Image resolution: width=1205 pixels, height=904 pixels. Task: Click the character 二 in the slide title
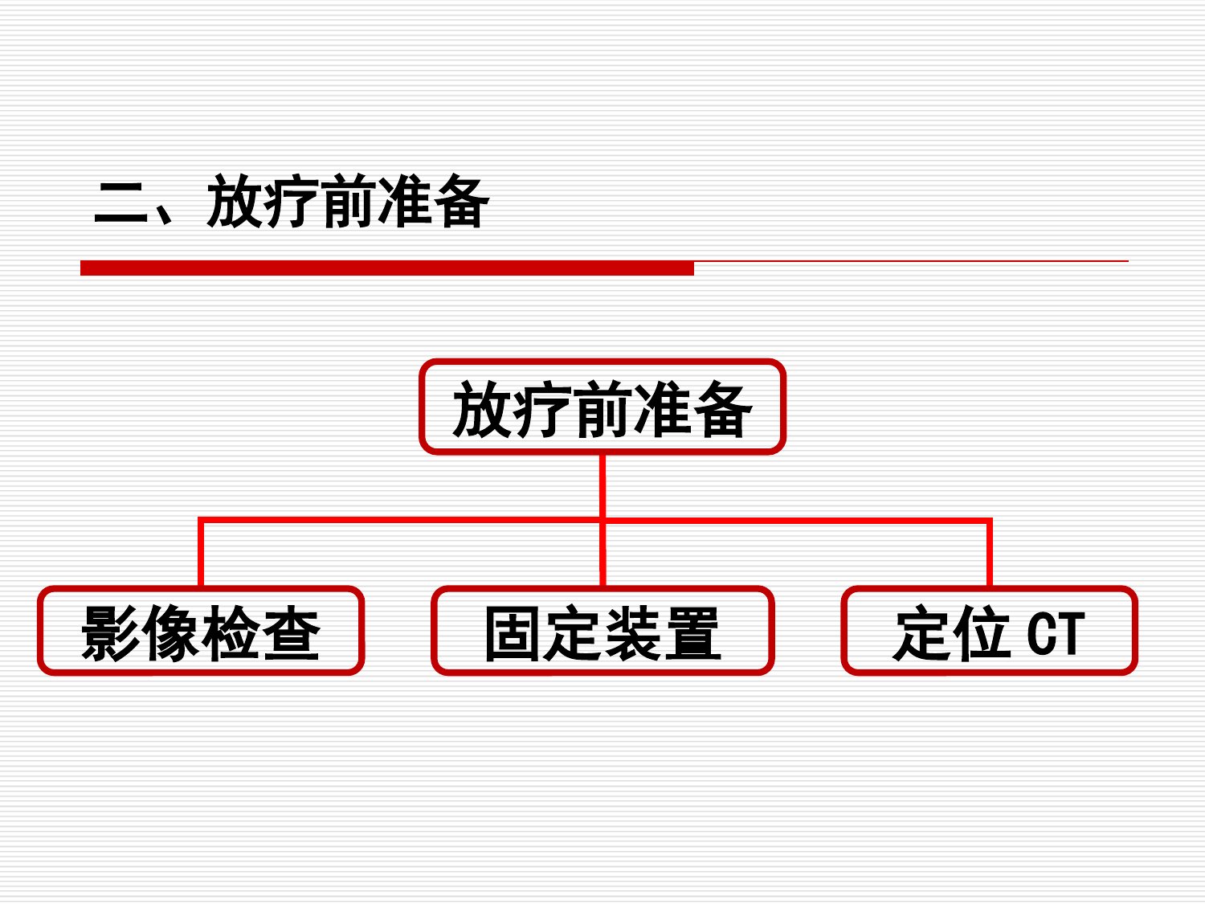click(x=121, y=202)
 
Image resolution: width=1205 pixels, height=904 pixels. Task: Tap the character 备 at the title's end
click(x=461, y=201)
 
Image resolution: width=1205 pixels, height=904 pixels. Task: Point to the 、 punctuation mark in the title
click(x=163, y=214)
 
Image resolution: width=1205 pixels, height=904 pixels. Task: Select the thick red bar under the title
click(x=387, y=268)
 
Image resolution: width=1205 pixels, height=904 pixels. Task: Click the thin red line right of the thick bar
click(x=911, y=261)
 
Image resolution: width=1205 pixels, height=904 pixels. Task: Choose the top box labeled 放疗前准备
click(x=602, y=407)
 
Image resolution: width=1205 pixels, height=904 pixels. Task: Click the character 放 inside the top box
click(x=482, y=409)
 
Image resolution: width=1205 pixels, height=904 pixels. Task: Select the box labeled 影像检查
click(x=201, y=631)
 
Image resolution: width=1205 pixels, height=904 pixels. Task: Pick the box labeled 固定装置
click(x=602, y=631)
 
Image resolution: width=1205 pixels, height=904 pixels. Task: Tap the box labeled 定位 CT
click(x=989, y=631)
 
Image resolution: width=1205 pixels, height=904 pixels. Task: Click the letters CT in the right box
click(x=1056, y=634)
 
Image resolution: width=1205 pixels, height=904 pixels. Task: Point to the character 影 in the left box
click(x=110, y=633)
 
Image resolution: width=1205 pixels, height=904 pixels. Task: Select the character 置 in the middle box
click(x=692, y=633)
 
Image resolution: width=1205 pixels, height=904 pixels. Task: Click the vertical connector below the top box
click(x=602, y=486)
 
